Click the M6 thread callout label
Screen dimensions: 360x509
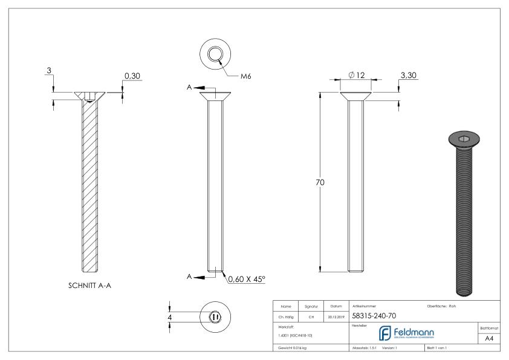pyautogui.click(x=246, y=77)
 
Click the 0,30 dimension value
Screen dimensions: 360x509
pyautogui.click(x=132, y=76)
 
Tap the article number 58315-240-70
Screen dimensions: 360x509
pyautogui.click(x=374, y=315)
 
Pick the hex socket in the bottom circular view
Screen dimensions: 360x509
pyautogui.click(x=215, y=316)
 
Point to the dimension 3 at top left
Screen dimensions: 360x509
pyautogui.click(x=48, y=71)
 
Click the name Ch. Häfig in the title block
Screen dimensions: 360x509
pyautogui.click(x=285, y=316)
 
